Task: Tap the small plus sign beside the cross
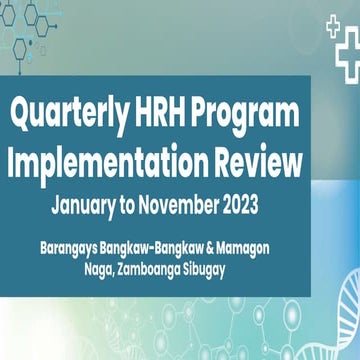(333, 27)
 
